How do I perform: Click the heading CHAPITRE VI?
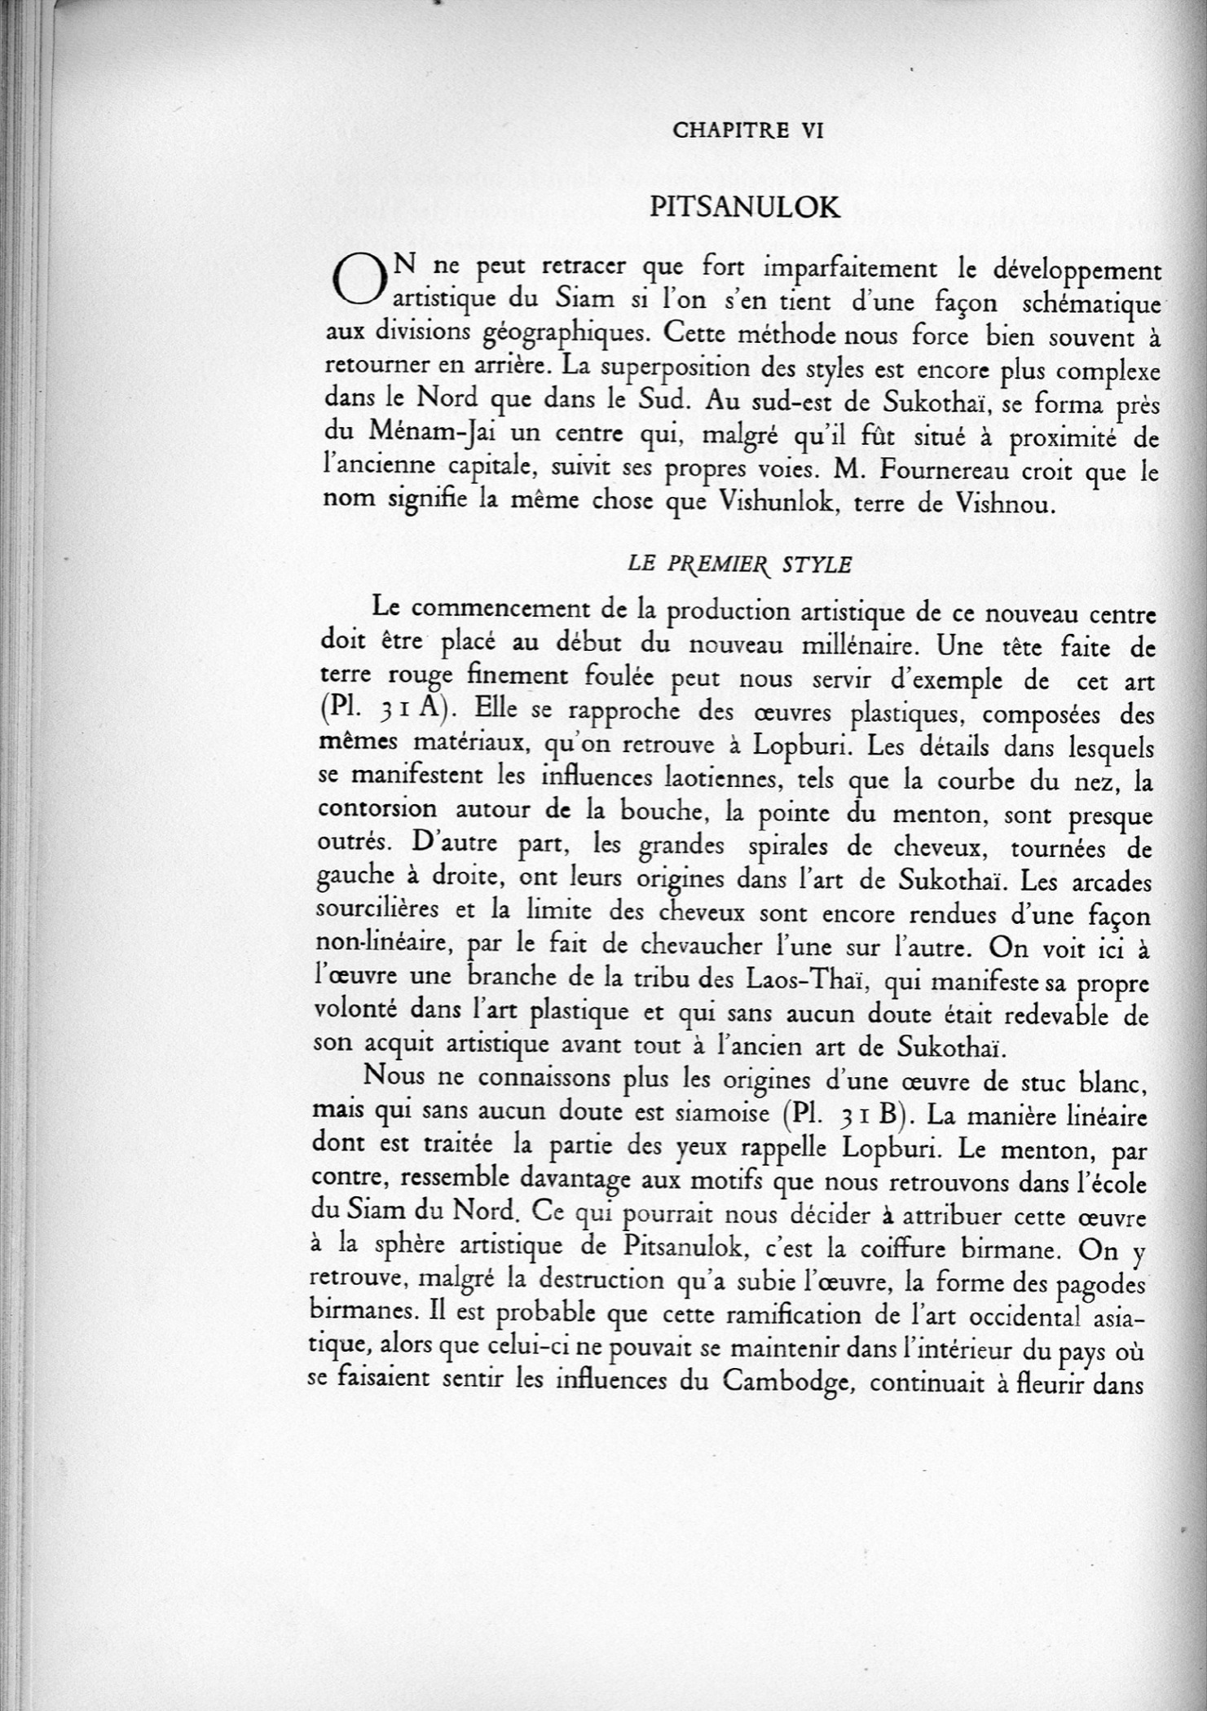(748, 130)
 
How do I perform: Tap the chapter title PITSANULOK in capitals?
(744, 208)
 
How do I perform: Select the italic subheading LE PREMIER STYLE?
(740, 565)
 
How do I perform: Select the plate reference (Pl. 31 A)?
(385, 709)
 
